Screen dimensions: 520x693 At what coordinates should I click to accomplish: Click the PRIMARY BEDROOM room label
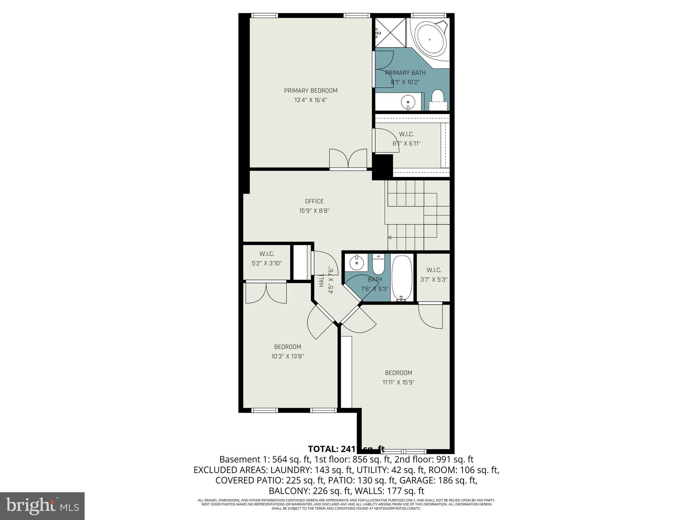(x=311, y=90)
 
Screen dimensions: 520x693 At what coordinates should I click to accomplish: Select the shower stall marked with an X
(x=390, y=33)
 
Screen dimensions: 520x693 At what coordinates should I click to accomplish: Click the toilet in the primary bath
(x=438, y=97)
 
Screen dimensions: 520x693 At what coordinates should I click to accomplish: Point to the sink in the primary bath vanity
(x=408, y=101)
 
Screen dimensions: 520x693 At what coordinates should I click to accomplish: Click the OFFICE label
(x=314, y=201)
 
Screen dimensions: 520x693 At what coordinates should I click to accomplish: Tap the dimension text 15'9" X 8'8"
(x=314, y=211)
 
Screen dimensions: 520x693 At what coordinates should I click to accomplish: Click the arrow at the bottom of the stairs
(x=390, y=237)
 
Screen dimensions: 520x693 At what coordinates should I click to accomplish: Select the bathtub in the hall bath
(x=402, y=278)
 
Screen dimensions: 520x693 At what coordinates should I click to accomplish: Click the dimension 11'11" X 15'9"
(x=399, y=382)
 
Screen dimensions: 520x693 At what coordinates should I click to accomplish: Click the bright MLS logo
(x=42, y=506)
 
